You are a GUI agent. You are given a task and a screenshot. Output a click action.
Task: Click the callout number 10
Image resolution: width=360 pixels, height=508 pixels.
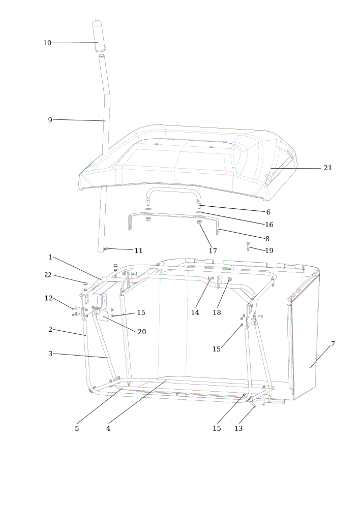[x=47, y=43]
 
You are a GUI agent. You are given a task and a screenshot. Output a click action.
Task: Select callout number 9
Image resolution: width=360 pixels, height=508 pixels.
[x=50, y=120]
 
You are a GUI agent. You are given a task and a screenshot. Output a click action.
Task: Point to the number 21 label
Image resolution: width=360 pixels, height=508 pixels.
[x=327, y=168]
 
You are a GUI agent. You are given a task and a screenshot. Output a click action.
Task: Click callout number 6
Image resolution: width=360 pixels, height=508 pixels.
[x=268, y=212]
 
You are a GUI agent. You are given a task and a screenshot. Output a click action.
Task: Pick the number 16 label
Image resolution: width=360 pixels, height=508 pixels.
[x=269, y=225]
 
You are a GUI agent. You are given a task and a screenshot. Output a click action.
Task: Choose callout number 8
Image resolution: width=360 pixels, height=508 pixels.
[x=267, y=239]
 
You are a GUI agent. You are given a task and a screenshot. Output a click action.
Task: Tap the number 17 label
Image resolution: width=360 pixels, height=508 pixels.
[x=213, y=250]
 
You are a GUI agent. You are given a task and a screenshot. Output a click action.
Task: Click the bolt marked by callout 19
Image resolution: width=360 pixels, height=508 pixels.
[x=249, y=246]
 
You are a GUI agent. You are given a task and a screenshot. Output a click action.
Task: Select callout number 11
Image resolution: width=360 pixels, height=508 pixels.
[x=138, y=250]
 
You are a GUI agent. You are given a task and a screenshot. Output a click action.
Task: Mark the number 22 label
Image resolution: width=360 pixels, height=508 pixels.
[x=48, y=275]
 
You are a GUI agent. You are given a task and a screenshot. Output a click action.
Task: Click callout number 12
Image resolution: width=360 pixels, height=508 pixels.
[x=49, y=298]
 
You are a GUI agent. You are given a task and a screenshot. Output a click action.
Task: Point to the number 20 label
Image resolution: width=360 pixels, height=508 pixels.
[x=142, y=332]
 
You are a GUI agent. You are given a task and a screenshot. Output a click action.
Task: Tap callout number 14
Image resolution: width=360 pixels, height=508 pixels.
[x=195, y=312]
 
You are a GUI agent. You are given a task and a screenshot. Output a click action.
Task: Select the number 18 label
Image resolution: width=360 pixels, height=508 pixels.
[x=217, y=312]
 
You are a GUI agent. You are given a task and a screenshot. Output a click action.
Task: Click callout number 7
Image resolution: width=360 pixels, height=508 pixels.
[x=333, y=344]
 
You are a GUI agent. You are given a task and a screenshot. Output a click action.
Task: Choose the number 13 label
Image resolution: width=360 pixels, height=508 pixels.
[x=238, y=428]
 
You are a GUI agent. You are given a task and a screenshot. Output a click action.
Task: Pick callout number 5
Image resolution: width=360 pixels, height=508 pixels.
[x=77, y=428]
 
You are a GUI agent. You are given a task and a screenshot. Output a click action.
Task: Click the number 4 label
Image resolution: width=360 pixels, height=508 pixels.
[x=108, y=428]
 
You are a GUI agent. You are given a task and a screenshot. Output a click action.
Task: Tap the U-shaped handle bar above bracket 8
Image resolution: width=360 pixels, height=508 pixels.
[x=174, y=188]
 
